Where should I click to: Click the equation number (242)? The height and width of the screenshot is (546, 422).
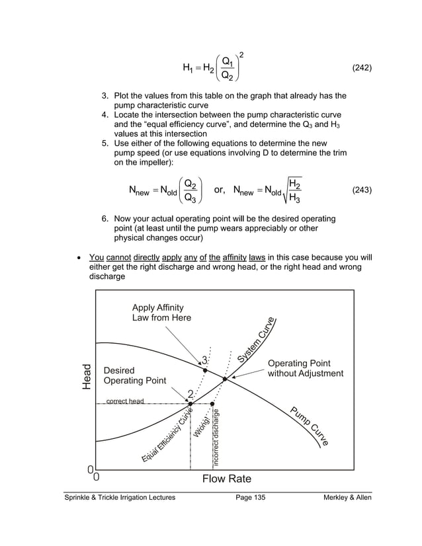tap(361, 67)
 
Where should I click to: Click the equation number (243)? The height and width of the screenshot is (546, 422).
tap(361, 190)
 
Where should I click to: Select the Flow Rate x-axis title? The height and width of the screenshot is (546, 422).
tap(226, 478)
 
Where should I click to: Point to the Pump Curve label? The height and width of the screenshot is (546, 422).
tap(310, 426)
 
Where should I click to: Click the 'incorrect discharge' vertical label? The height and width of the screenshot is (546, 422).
tap(216, 436)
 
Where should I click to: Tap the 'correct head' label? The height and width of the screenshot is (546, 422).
tap(125, 401)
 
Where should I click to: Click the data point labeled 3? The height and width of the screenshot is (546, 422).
tap(205, 370)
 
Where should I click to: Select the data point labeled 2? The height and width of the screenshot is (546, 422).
tap(190, 403)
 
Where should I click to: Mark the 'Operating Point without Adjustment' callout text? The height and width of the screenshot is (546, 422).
tap(305, 369)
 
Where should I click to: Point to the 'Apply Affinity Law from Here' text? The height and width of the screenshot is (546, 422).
tap(161, 313)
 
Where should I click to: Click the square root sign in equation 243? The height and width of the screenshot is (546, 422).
tap(282, 191)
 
